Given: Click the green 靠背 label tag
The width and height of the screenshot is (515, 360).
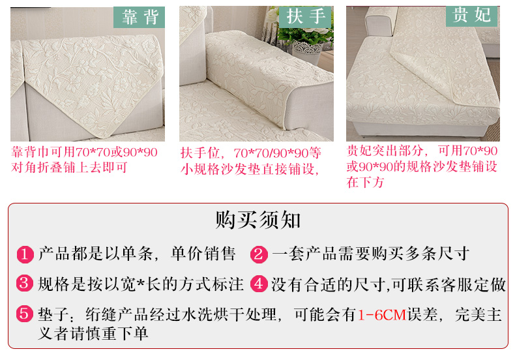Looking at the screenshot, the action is point(139,17).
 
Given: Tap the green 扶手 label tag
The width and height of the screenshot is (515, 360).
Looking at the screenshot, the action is point(305,16).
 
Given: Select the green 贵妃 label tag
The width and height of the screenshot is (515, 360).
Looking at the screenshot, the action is point(471,16).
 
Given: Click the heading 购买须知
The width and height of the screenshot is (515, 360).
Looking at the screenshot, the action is point(258,220).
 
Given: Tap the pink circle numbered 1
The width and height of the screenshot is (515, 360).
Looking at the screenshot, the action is point(25,254).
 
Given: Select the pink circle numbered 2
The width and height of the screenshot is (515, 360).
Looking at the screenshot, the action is point(259,254).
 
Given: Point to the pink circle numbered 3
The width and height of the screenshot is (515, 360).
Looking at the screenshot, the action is point(25,284).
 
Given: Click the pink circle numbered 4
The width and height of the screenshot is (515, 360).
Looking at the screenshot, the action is point(259,284).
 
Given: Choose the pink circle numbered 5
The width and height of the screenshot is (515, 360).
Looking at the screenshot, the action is point(25,313).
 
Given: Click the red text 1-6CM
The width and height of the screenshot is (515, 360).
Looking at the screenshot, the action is point(382,314).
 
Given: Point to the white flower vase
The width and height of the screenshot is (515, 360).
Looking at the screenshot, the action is point(306,53).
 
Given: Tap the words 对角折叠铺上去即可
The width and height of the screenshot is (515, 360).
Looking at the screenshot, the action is point(69,168).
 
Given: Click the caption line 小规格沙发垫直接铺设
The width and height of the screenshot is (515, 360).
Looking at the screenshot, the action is point(250,169).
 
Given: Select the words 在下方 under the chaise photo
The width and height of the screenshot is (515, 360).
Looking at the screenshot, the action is point(365,182).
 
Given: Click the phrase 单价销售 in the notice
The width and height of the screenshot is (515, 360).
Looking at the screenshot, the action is point(203,254).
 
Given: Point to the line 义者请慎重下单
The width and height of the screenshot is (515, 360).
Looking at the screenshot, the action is point(93,334).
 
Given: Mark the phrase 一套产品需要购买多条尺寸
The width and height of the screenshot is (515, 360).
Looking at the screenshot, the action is point(370,254).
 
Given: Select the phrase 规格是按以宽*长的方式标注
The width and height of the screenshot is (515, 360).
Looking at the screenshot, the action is point(141,284).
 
